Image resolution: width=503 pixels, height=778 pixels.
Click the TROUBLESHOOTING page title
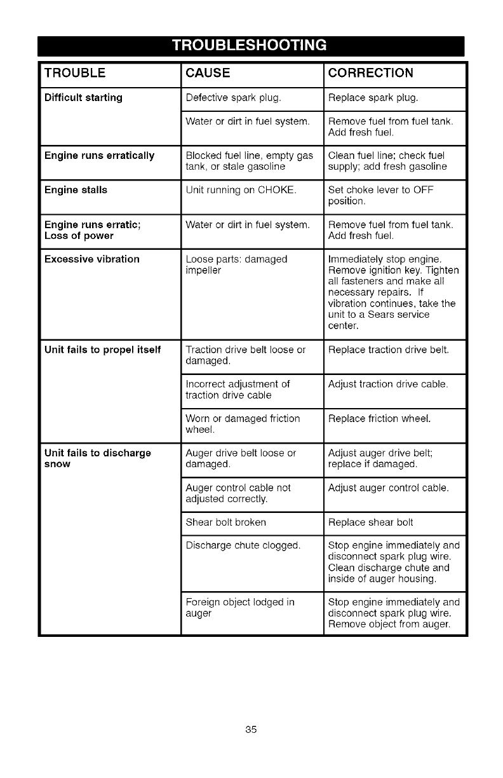pyautogui.click(x=251, y=46)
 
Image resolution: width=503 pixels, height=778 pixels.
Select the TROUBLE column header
pyautogui.click(x=75, y=72)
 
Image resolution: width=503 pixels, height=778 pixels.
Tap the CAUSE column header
pyautogui.click(x=208, y=72)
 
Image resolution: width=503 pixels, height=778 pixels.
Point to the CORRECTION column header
pyautogui.click(x=371, y=72)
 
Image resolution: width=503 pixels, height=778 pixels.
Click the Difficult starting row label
pyautogui.click(x=83, y=98)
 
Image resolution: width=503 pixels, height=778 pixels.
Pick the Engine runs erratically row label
pyautogui.click(x=99, y=156)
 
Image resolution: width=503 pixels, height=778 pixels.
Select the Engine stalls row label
pyautogui.click(x=76, y=190)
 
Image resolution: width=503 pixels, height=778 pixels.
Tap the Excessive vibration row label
pyautogui.click(x=91, y=259)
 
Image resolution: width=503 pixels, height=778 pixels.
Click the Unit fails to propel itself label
pyautogui.click(x=102, y=350)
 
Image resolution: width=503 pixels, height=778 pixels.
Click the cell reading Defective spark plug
pyautogui.click(x=233, y=98)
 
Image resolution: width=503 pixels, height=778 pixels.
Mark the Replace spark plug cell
pyautogui.click(x=373, y=98)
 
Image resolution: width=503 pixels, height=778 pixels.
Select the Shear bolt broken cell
pyautogui.click(x=225, y=522)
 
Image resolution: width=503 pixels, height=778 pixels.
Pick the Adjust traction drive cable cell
pyautogui.click(x=388, y=384)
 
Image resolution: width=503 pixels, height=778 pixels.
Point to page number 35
pyautogui.click(x=251, y=729)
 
